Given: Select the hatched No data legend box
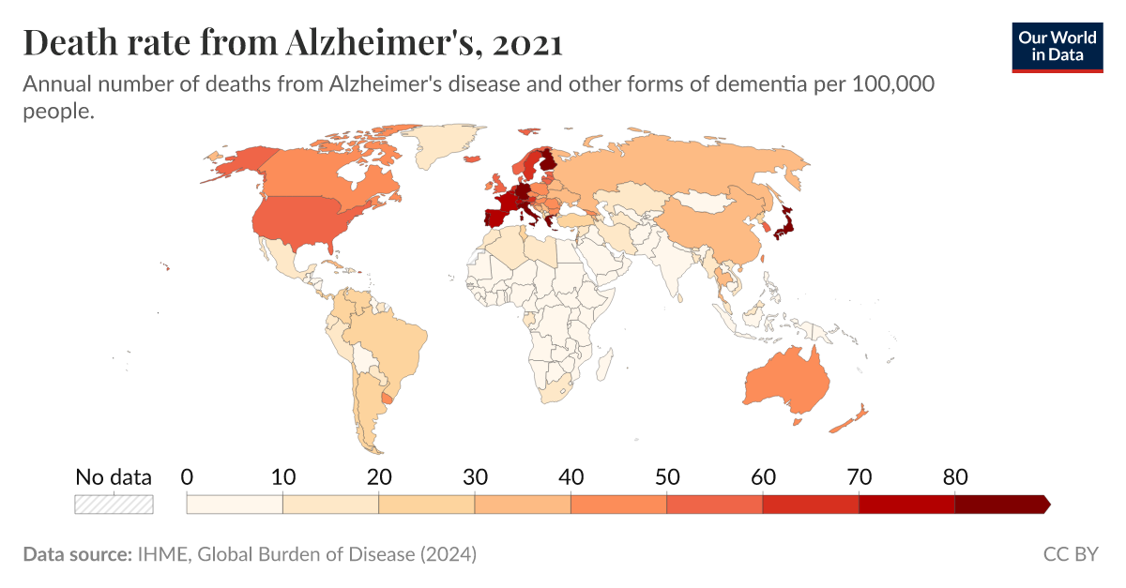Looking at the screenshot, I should point(114,504).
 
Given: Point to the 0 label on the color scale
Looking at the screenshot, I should point(187,476).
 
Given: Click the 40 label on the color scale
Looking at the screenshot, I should point(571,476).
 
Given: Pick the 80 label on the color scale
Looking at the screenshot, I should point(954,476).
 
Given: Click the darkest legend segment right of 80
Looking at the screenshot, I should point(1000,504).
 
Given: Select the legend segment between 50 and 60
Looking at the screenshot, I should point(714,504).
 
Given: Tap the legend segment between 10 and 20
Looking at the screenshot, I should point(330,504).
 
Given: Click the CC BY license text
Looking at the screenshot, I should point(1070,554).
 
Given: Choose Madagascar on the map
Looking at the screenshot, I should point(605,360).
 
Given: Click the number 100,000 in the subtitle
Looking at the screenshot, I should point(891,84).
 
